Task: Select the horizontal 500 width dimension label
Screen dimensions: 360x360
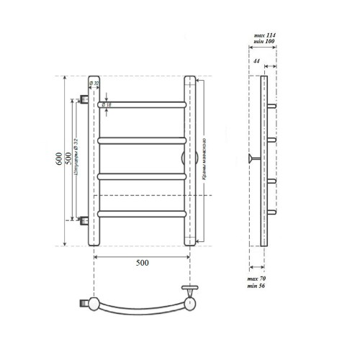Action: point(142,262)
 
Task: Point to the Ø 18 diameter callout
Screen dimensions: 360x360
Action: point(107,106)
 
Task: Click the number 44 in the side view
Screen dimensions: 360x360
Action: point(257,61)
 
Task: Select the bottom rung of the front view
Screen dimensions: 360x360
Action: point(142,212)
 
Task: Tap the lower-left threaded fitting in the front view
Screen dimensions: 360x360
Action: point(84,219)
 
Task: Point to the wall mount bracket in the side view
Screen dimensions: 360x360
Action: point(251,158)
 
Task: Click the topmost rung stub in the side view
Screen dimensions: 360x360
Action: point(273,105)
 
